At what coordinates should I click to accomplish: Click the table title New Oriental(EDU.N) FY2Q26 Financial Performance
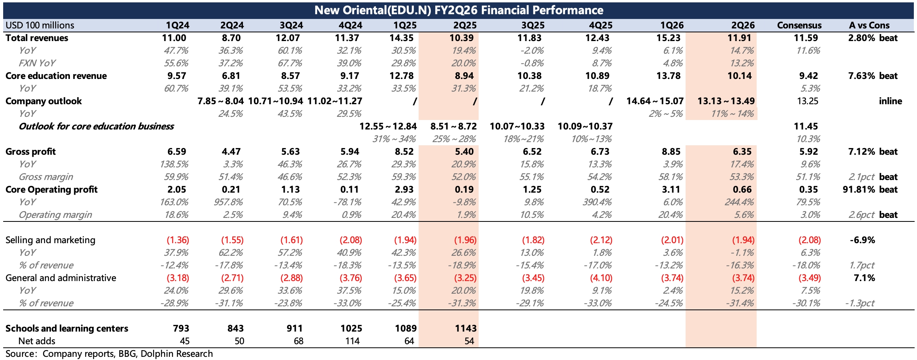(x=458, y=10)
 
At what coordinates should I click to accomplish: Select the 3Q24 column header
(x=291, y=25)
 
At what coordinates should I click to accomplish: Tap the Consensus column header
(x=799, y=25)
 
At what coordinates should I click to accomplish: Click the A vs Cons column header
(x=869, y=25)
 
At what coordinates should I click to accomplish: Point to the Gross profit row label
(x=30, y=152)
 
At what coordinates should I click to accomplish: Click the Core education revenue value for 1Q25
(x=404, y=76)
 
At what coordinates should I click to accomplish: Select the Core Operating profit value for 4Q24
(x=350, y=189)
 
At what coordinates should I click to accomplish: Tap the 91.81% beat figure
(x=870, y=189)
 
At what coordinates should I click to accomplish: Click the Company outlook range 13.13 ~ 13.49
(x=726, y=101)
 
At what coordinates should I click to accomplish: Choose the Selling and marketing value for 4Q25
(x=601, y=240)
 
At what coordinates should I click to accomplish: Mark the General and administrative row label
(x=61, y=278)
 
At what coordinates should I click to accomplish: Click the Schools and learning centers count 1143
(x=466, y=328)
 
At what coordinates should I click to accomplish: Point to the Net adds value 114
(x=352, y=341)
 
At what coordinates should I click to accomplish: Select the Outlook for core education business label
(x=96, y=126)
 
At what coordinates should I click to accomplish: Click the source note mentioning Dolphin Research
(x=109, y=354)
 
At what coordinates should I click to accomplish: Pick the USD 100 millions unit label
(x=39, y=25)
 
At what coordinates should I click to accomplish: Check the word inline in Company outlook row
(x=890, y=101)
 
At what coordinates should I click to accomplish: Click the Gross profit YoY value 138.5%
(x=174, y=164)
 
